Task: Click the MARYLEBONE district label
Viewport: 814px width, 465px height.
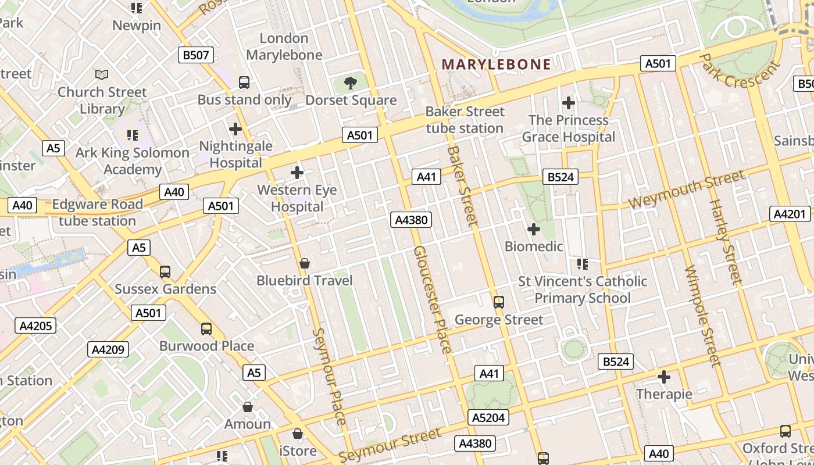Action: coord(496,65)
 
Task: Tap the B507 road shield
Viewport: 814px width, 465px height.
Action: coord(196,55)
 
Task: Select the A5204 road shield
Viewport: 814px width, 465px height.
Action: coord(488,417)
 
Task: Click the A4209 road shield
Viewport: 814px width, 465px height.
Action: coord(109,349)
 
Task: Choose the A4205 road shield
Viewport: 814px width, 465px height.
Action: coord(36,325)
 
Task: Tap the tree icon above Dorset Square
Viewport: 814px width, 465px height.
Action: coord(351,83)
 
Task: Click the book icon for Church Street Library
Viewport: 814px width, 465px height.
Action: coord(102,74)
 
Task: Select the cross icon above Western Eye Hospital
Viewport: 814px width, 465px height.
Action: coord(297,173)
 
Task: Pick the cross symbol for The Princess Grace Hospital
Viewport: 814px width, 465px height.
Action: coord(568,103)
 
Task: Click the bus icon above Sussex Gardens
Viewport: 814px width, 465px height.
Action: coord(165,271)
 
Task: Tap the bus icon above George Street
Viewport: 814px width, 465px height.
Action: coord(498,302)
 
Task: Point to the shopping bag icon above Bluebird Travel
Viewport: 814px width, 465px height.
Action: coord(304,263)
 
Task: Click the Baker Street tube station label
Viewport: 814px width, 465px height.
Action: coord(465,120)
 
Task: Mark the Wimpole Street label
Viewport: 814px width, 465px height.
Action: coord(702,316)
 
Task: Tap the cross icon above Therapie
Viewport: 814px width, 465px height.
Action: coord(664,377)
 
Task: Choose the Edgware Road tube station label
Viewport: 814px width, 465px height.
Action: coord(97,213)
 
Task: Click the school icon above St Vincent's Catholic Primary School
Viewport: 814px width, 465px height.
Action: coord(583,264)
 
